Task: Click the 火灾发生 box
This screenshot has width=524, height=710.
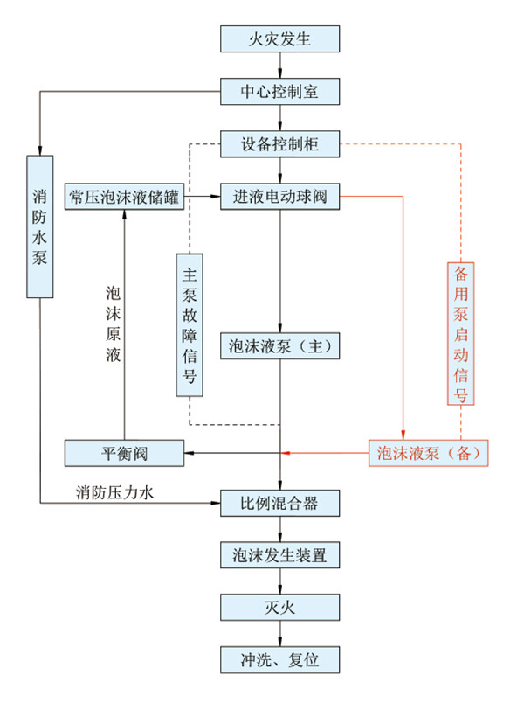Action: pyautogui.click(x=279, y=39)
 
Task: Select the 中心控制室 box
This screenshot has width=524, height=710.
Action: pyautogui.click(x=279, y=92)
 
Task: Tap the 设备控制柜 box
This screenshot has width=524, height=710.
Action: pyautogui.click(x=279, y=144)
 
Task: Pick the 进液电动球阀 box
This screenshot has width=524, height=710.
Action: pyautogui.click(x=279, y=197)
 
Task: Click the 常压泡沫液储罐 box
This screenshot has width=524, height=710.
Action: pyautogui.click(x=124, y=197)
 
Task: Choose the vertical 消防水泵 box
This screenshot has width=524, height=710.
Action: pyautogui.click(x=40, y=226)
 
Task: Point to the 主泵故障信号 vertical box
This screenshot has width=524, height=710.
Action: pyautogui.click(x=190, y=325)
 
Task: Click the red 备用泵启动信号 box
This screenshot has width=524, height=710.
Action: pyautogui.click(x=461, y=333)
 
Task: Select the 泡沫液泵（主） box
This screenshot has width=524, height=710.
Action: pyautogui.click(x=279, y=346)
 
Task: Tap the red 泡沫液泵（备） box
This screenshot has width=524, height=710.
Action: pyautogui.click(x=429, y=453)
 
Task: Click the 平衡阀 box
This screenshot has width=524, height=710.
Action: pyautogui.click(x=124, y=453)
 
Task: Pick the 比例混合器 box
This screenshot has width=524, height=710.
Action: pyautogui.click(x=279, y=503)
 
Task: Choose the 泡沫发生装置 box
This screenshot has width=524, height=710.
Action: pyautogui.click(x=279, y=555)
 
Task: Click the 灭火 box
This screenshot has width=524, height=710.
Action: pyautogui.click(x=279, y=608)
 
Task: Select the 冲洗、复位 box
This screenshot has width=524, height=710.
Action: pyautogui.click(x=279, y=660)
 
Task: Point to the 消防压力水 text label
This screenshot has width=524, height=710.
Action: pyautogui.click(x=114, y=492)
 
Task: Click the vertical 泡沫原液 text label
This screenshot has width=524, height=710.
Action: pyautogui.click(x=113, y=324)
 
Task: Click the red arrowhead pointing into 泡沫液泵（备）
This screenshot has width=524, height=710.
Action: pyautogui.click(x=403, y=435)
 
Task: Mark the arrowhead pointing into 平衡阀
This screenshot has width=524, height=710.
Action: pyautogui.click(x=189, y=453)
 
